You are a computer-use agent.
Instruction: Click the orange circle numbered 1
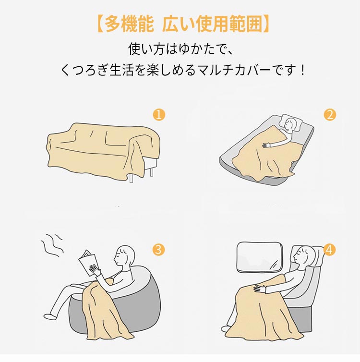[159, 115]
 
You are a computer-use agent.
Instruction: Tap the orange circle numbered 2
[330, 115]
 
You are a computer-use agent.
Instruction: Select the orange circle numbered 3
[159, 250]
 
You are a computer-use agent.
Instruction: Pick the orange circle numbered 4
[329, 250]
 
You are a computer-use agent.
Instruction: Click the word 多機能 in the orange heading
[129, 24]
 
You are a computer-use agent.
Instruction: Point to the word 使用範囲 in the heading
[228, 24]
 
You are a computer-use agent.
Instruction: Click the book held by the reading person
[87, 262]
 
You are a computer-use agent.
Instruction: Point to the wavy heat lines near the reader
[52, 245]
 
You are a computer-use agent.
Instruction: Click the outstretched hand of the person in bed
[266, 145]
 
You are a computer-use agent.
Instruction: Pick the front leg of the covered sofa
[131, 177]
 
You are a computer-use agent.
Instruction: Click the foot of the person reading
[49, 316]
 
